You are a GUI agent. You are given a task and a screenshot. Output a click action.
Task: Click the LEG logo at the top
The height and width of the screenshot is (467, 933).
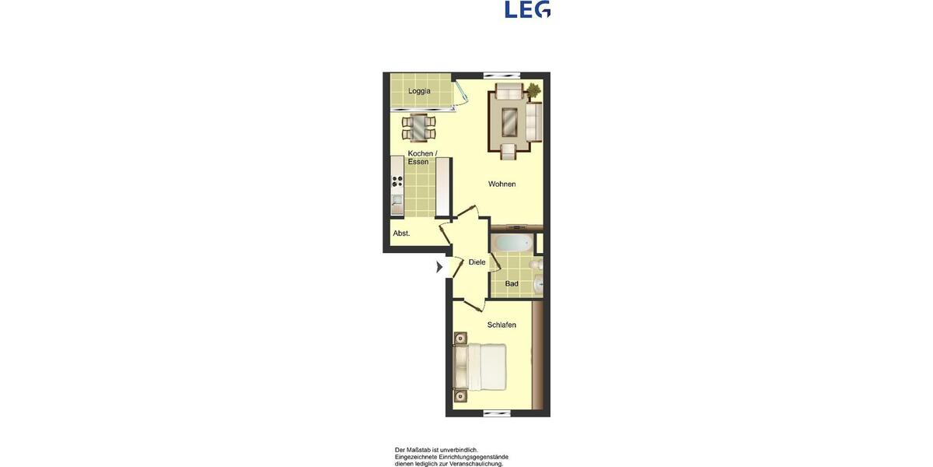click(527, 9)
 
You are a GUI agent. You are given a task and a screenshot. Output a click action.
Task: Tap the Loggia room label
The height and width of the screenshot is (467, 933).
click(419, 91)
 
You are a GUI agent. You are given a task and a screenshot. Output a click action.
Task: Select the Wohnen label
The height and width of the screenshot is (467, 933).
click(501, 184)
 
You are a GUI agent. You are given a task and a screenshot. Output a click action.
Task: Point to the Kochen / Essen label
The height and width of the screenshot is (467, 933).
click(422, 157)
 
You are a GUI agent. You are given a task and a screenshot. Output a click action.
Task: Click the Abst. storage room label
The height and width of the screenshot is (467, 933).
click(401, 233)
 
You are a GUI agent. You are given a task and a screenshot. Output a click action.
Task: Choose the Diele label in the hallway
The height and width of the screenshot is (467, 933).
click(477, 262)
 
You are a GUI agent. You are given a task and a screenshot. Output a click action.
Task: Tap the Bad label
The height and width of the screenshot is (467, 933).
click(512, 284)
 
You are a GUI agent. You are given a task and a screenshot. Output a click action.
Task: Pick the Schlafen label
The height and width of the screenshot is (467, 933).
click(501, 325)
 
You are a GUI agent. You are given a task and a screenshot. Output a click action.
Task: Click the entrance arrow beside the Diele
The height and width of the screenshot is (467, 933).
click(439, 267)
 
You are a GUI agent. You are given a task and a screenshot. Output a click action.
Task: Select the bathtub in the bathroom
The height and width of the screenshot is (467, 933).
click(513, 241)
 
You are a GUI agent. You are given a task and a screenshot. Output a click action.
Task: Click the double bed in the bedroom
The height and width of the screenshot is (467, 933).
click(480, 367)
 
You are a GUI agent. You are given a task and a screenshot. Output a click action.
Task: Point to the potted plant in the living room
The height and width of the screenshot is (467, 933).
click(533, 91)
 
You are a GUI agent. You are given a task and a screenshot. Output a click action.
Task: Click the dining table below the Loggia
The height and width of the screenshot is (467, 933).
click(419, 125)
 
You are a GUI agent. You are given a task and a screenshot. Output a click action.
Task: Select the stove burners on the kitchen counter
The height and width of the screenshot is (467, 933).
click(397, 184)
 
